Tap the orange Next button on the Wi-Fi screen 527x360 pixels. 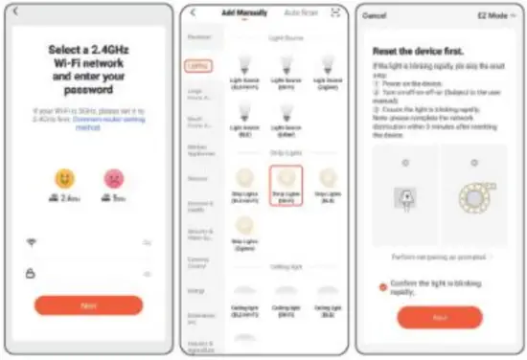click(x=88, y=305)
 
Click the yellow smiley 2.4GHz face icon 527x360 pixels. click(x=64, y=179)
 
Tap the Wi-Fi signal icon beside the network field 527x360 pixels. click(x=32, y=242)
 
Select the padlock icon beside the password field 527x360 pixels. click(x=32, y=272)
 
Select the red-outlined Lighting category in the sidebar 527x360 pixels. click(x=197, y=66)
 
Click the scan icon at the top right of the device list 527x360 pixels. click(x=336, y=12)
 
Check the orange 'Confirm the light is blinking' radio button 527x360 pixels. click(x=383, y=285)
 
